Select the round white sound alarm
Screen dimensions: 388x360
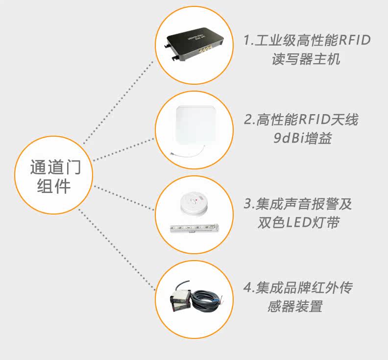tap(194, 204)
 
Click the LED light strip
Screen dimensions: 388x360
tap(194, 228)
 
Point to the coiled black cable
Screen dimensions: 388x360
tap(205, 300)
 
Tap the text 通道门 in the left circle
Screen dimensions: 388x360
tap(55, 167)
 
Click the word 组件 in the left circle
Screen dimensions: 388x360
tap(54, 186)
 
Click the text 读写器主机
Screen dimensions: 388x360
tap(306, 59)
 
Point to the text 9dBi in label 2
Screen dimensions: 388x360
tap(289, 138)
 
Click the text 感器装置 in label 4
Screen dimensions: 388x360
tap(295, 306)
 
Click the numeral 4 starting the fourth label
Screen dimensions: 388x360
tap(247, 287)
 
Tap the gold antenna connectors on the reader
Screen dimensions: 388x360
tap(206, 49)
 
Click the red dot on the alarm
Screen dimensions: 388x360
tap(197, 199)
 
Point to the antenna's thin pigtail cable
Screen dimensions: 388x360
tap(188, 153)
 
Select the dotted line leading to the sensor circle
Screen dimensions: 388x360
tap(117, 249)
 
